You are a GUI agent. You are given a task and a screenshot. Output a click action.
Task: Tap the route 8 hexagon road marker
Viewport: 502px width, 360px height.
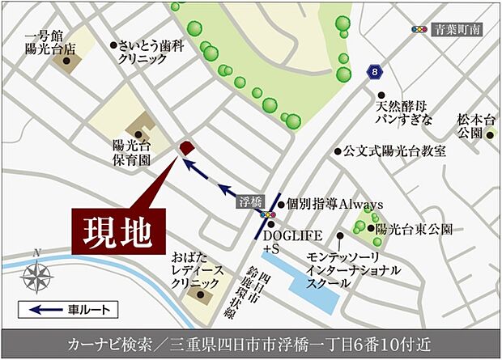(373, 72)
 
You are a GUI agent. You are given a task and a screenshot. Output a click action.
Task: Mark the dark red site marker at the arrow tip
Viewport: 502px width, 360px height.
(185, 147)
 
